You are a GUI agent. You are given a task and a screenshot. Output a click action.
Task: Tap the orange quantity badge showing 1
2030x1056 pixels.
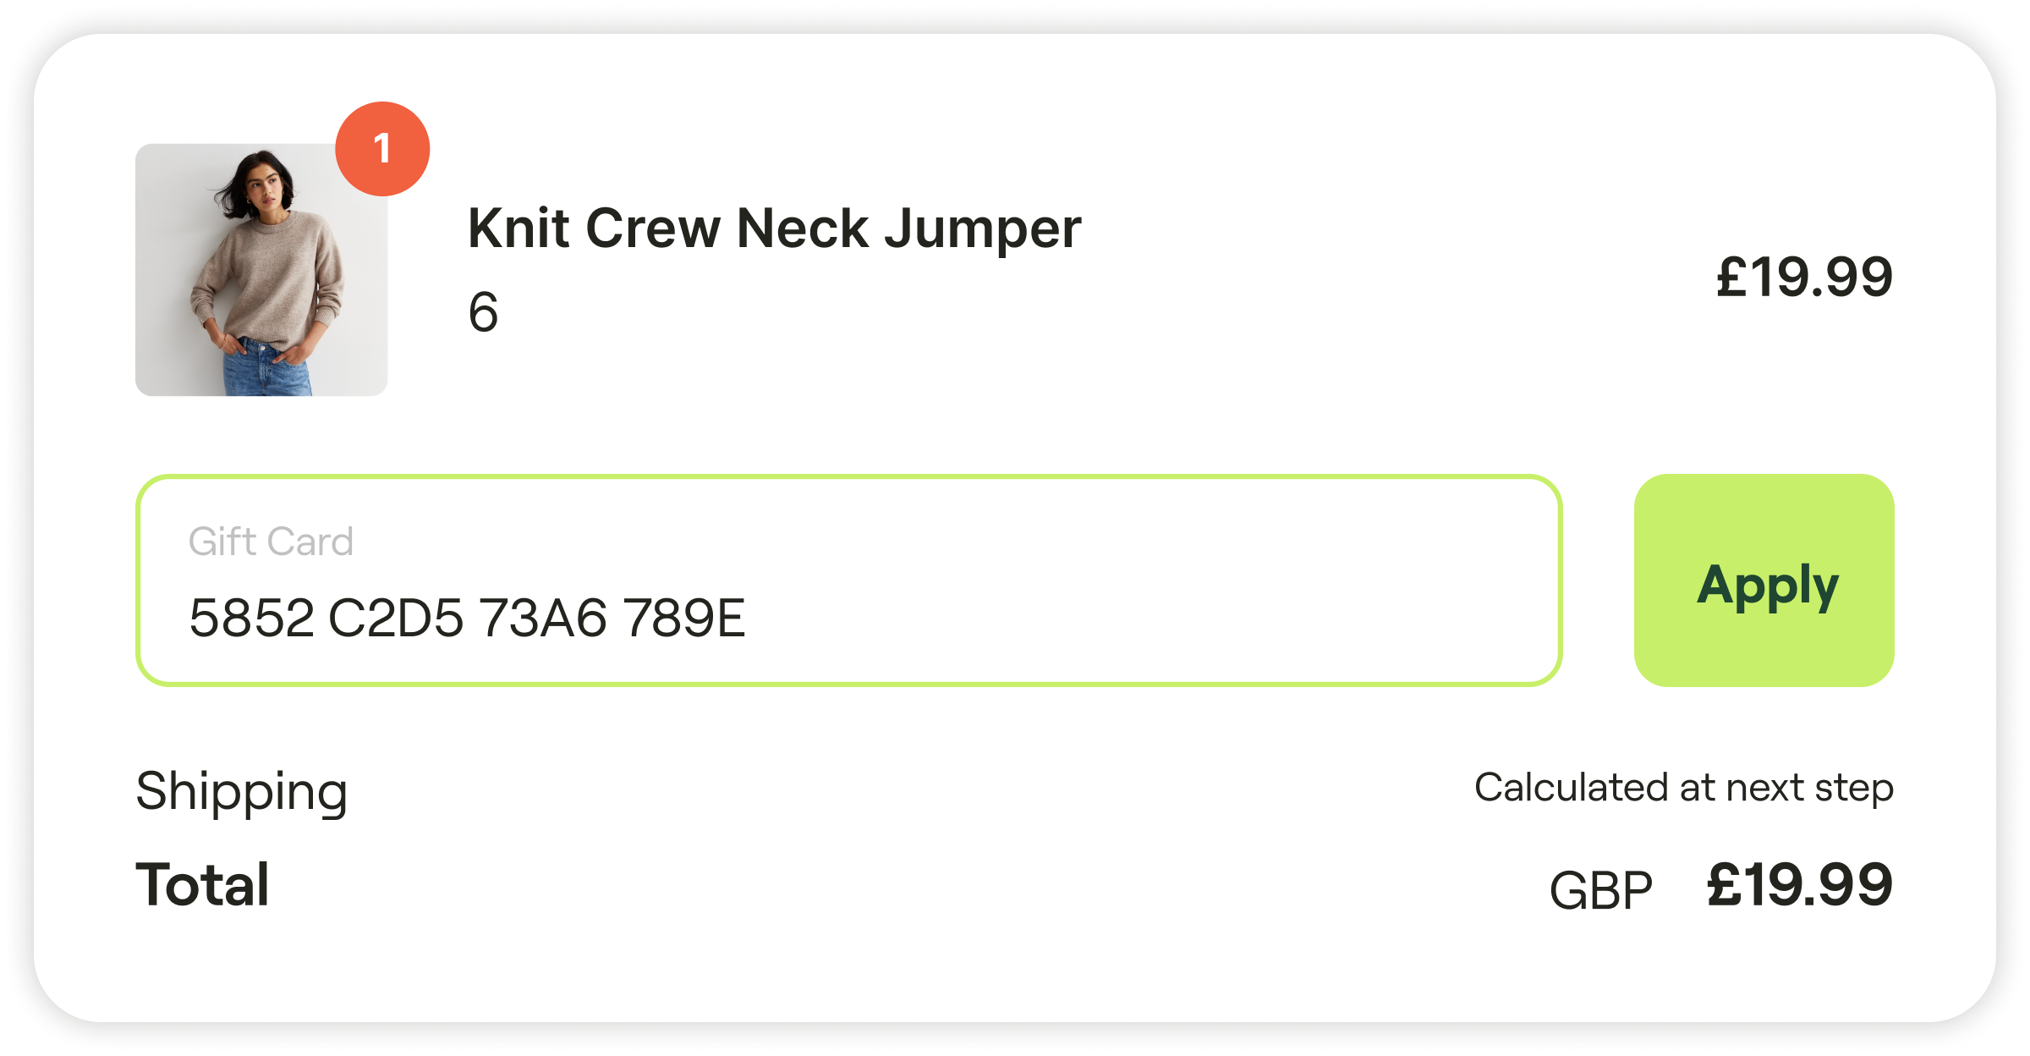[382, 149]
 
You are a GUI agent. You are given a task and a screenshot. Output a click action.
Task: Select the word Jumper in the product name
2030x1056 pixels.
[983, 230]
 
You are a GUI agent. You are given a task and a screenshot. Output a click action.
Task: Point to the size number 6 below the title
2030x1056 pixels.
[483, 312]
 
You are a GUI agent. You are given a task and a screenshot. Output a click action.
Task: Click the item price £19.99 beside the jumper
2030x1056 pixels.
[1804, 278]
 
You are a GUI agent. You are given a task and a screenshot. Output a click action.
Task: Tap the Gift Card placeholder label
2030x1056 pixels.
[271, 542]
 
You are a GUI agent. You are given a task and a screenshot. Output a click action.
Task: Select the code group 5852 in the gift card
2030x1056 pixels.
[251, 618]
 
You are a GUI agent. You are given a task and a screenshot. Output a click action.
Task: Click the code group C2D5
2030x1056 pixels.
[395, 618]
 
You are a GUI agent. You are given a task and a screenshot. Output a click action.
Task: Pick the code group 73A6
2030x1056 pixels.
[543, 618]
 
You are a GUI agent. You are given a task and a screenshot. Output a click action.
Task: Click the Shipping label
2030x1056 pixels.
[242, 792]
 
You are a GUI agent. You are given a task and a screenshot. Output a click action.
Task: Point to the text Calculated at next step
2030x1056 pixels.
[1683, 789]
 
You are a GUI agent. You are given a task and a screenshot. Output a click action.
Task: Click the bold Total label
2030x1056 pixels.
[203, 885]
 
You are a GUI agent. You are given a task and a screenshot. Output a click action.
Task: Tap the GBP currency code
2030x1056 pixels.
[1600, 890]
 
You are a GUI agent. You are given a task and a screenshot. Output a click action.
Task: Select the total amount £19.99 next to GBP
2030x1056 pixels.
[1800, 885]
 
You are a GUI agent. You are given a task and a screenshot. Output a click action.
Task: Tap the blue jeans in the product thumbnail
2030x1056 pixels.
[266, 369]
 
